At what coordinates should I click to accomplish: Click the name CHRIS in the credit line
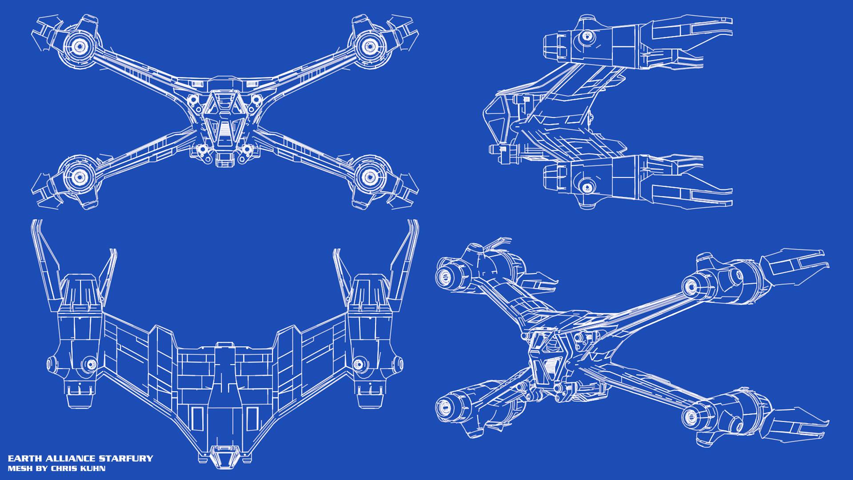(64, 468)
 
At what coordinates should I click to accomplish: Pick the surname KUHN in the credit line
(93, 468)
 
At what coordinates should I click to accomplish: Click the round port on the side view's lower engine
(587, 187)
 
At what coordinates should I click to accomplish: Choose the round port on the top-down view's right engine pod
(359, 364)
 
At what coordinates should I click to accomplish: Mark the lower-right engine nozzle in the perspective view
(691, 416)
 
